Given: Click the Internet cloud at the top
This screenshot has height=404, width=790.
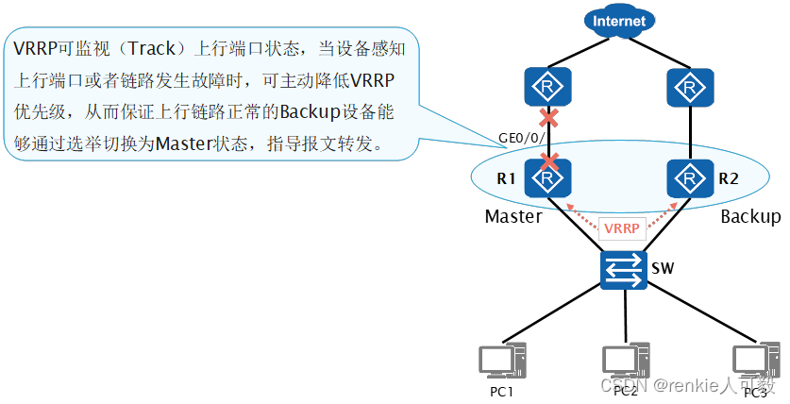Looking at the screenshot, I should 620,21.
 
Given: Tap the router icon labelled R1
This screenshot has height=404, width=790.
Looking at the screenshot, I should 547,177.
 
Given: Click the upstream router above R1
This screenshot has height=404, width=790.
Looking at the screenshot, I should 546,91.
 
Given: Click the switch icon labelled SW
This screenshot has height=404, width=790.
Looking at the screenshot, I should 620,269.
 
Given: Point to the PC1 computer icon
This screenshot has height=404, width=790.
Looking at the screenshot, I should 499,362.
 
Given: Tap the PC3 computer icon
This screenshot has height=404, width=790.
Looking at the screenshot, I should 755,362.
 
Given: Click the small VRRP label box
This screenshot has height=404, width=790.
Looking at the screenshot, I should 621,228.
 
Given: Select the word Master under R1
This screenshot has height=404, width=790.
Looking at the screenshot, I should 513,216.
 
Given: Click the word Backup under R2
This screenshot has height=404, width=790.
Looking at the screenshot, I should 750,216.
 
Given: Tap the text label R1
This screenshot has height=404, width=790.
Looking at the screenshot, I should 508,177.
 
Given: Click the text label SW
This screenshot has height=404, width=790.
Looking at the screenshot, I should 663,268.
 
